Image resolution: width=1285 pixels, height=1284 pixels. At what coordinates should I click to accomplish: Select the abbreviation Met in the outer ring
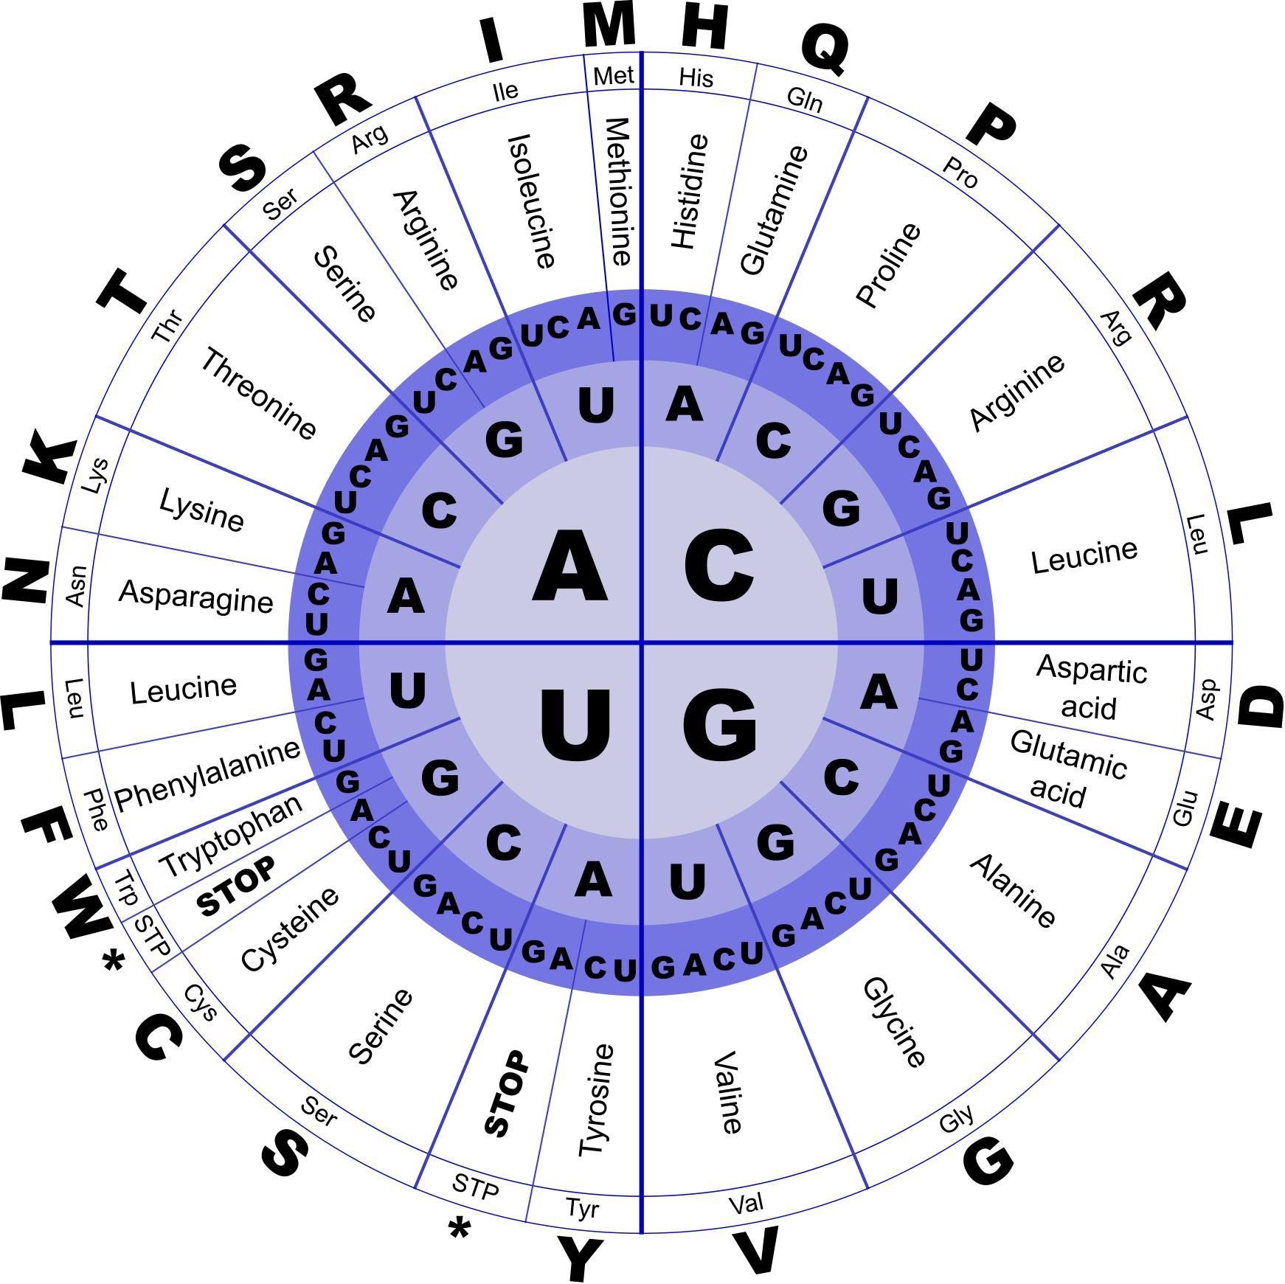point(613,76)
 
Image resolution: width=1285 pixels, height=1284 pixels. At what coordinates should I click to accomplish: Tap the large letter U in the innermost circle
point(575,724)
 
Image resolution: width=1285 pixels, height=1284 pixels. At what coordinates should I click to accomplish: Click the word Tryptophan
point(231,836)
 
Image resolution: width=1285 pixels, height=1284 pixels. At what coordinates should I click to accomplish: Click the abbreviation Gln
point(804,99)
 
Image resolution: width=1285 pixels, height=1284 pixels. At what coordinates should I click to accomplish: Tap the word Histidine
point(690,192)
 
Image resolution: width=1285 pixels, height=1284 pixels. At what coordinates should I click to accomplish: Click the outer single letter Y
point(580,1259)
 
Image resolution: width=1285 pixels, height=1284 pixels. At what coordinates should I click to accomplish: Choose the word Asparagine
point(195,596)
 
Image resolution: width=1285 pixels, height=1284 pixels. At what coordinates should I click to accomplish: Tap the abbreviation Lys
point(96,476)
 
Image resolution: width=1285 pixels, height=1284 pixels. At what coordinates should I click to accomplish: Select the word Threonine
point(258,394)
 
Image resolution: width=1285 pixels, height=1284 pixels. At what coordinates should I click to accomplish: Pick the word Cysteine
point(291,929)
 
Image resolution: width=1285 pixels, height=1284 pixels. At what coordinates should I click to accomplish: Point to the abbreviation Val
point(746,1204)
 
